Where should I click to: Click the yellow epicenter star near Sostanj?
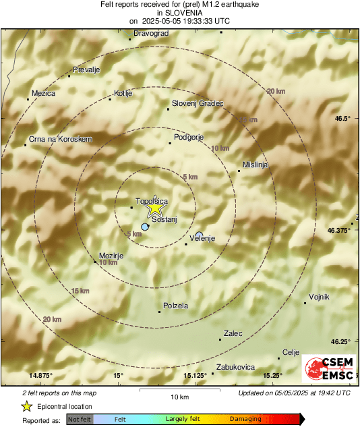point(155,209)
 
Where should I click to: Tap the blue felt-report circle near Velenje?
point(199,235)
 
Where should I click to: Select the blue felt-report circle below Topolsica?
point(145,227)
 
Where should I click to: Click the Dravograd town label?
point(151,32)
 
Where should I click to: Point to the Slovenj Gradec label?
point(198,103)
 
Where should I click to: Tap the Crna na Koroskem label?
point(60,139)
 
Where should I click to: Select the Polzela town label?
point(176,306)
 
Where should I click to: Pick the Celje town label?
point(291,352)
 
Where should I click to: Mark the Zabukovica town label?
point(236,367)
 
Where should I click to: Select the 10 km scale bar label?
point(179,396)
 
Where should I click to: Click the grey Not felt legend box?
point(80,419)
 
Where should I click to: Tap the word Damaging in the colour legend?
point(245,419)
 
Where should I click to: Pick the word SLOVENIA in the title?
point(179,12)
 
